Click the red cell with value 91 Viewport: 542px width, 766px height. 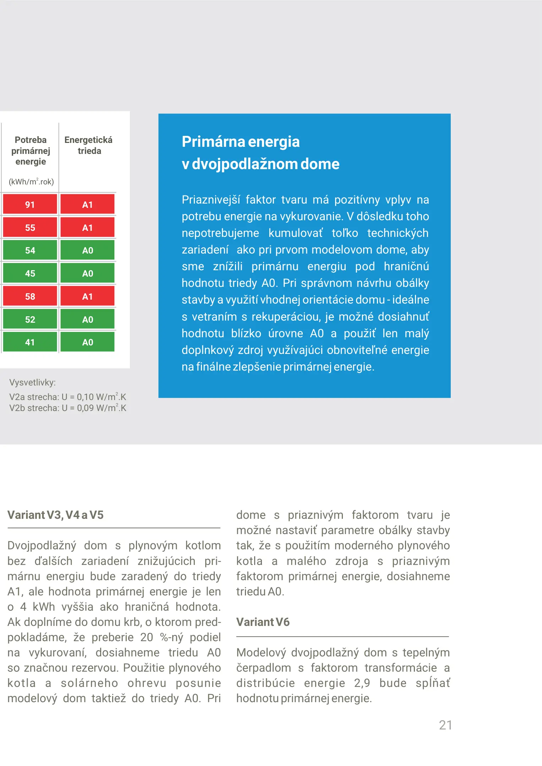click(30, 204)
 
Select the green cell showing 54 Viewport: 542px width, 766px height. click(30, 250)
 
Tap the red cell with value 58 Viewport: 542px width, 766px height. click(30, 296)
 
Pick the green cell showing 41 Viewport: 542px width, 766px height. click(30, 342)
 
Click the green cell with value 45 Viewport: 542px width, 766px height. click(30, 273)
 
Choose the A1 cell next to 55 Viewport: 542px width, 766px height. click(87, 228)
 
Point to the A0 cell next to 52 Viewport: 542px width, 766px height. click(87, 320)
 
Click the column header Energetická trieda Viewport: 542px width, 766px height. click(88, 145)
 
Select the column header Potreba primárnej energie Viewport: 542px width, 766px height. click(31, 151)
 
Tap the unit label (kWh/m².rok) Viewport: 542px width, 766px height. click(31, 182)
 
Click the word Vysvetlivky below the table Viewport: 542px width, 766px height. click(32, 382)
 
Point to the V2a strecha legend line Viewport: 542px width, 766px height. click(67, 397)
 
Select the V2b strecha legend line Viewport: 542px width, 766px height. click(67, 408)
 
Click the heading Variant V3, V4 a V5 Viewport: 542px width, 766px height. click(55, 515)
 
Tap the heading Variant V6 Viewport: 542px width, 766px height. click(263, 622)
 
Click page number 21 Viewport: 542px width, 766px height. click(445, 725)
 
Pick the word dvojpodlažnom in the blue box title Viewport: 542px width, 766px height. click(245, 164)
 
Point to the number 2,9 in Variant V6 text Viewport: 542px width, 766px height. click(362, 683)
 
